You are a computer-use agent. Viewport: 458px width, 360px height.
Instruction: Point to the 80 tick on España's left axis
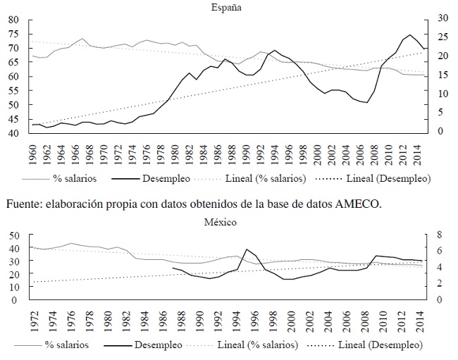[13, 20]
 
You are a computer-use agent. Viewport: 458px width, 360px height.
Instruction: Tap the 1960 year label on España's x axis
[33, 151]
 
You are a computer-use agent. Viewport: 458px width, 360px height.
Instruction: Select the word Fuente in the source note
[25, 204]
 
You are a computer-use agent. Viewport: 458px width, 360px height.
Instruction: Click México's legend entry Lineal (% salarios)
[261, 346]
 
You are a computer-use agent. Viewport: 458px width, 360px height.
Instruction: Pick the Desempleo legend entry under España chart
[166, 179]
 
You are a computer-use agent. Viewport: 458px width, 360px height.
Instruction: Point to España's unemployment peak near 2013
[410, 35]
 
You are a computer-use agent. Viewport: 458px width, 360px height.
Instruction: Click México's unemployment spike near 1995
[246, 249]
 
